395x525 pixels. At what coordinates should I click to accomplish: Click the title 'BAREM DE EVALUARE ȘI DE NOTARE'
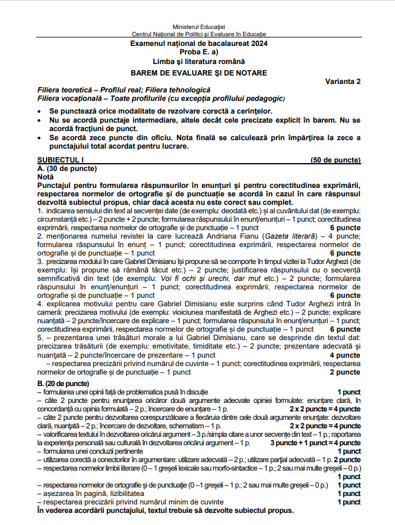[198, 72]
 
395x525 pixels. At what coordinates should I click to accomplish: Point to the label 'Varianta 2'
[342, 82]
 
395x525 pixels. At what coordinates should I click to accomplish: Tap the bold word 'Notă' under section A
[46, 176]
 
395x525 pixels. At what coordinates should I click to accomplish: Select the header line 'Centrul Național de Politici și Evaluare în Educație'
[198, 35]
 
